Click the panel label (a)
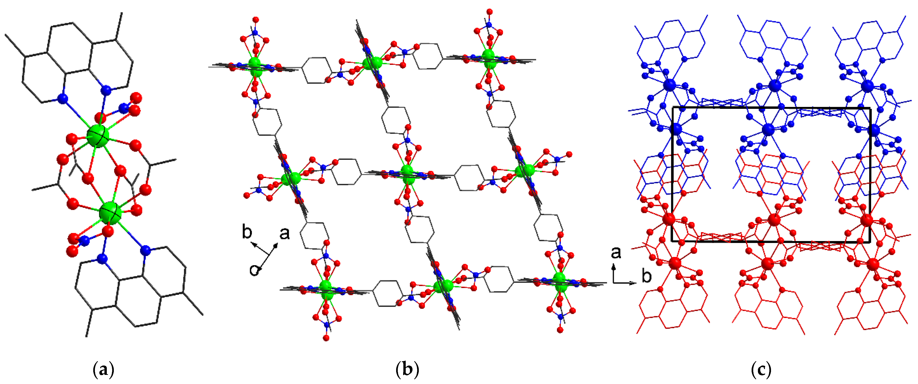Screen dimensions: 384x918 [x=103, y=370]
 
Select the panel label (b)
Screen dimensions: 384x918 [x=407, y=370]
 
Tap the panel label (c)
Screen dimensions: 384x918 [x=761, y=370]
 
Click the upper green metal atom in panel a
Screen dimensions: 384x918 [x=98, y=136]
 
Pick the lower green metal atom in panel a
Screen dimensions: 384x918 [x=110, y=213]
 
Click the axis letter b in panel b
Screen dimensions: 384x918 [x=247, y=232]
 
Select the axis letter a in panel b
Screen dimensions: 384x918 [x=284, y=234]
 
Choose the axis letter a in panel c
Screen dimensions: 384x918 [x=616, y=253]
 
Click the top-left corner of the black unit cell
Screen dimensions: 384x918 [x=672, y=107]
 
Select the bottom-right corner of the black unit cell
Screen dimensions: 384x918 [x=870, y=241]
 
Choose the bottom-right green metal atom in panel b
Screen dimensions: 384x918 [x=560, y=282]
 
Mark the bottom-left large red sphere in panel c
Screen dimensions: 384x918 [x=675, y=263]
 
